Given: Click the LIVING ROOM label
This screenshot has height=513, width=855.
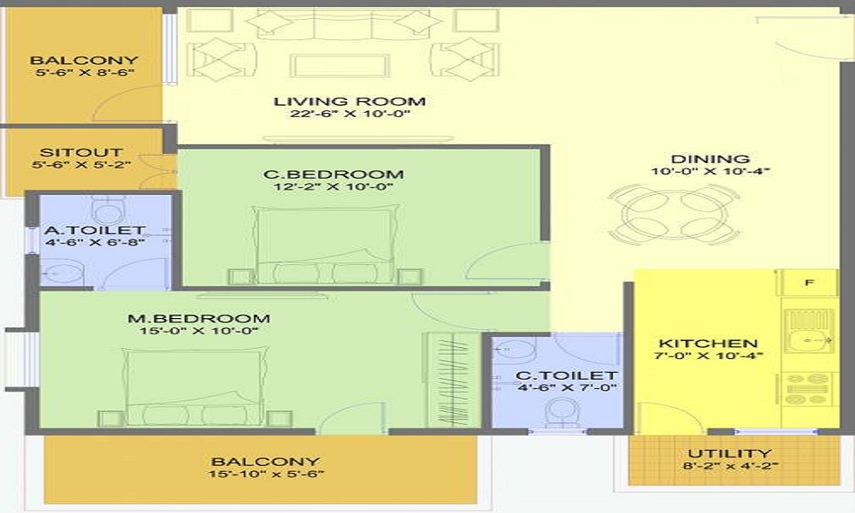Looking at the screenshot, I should (x=349, y=102).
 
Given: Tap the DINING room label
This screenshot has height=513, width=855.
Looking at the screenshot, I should (x=710, y=159).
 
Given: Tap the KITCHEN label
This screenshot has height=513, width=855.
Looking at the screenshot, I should (x=697, y=344).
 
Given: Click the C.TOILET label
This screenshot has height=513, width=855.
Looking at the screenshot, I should (x=566, y=375).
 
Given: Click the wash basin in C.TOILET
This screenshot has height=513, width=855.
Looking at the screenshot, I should (x=511, y=351).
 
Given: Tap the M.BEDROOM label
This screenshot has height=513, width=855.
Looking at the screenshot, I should (x=199, y=319).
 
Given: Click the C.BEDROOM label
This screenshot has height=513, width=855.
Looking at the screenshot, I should (x=333, y=175).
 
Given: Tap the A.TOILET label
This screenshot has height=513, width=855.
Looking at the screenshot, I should (x=95, y=231).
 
